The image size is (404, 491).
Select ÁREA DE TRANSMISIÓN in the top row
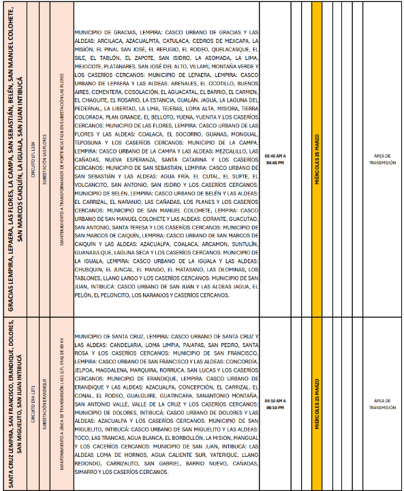point(382,160)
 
